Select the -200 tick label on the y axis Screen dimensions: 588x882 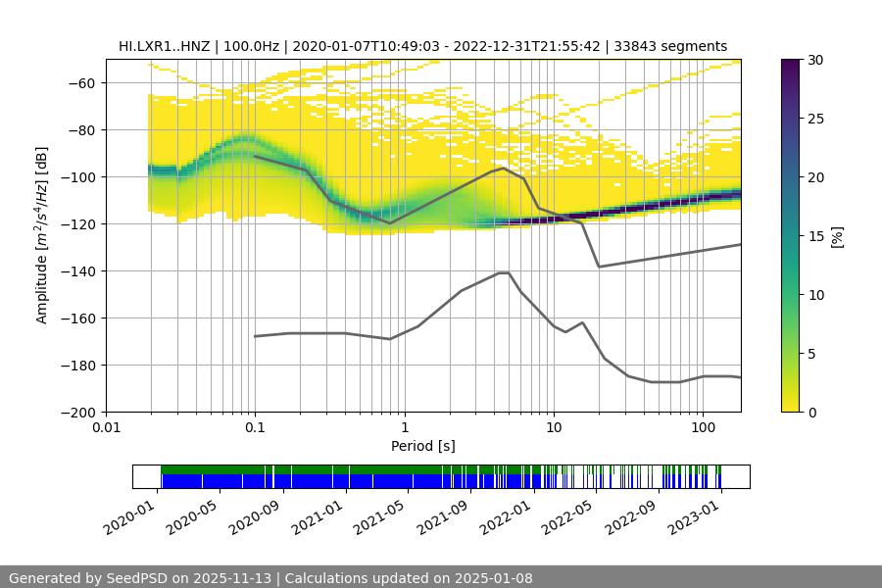point(79,413)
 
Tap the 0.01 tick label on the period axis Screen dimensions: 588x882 point(106,427)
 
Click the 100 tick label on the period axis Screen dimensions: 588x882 point(703,427)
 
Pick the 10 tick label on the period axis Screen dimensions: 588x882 point(553,427)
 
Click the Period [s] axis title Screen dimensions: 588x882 point(423,446)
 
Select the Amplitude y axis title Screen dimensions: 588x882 point(42,234)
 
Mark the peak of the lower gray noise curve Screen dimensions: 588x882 point(504,272)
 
